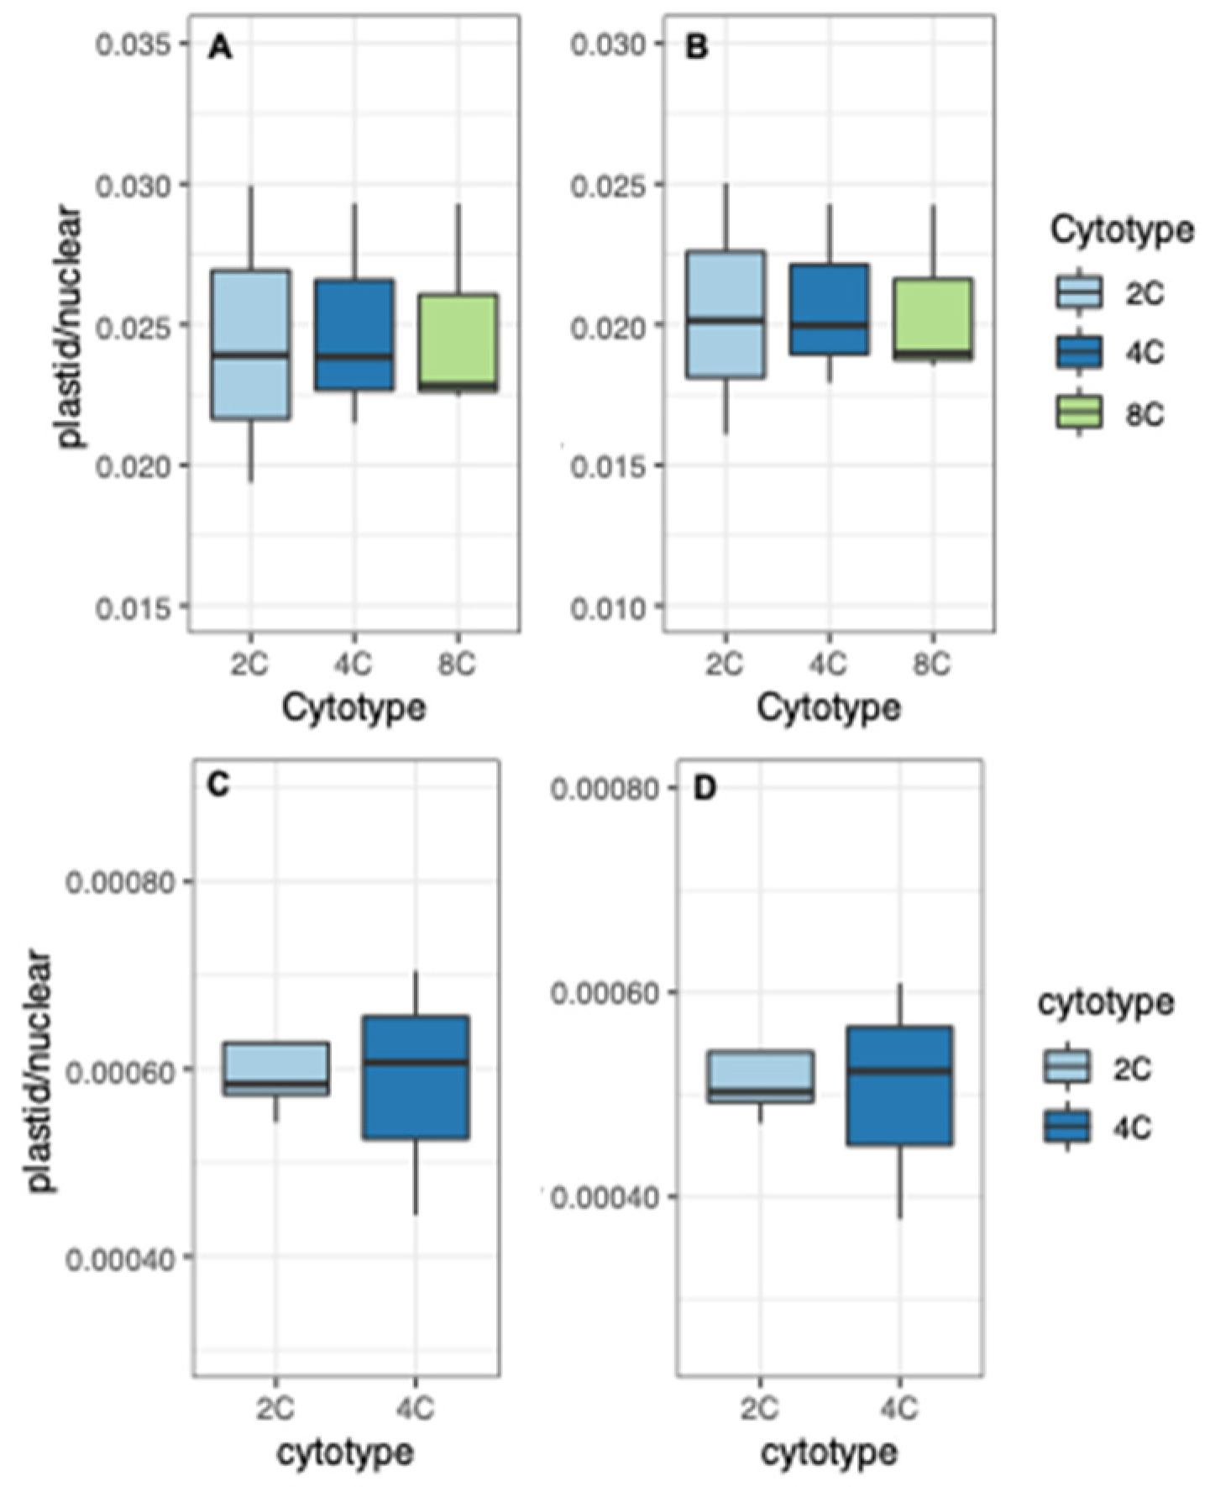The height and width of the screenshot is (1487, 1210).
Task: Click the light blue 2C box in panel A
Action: click(250, 344)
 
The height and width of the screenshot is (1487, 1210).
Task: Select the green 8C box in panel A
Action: click(458, 342)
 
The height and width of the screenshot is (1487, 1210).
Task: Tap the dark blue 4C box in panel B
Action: click(829, 308)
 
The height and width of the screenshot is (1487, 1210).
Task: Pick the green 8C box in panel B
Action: click(932, 318)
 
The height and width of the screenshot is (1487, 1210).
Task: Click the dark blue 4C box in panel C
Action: click(416, 1077)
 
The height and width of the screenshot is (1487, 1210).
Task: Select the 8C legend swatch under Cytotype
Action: click(1078, 412)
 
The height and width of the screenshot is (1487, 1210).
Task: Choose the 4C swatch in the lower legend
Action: click(1066, 1127)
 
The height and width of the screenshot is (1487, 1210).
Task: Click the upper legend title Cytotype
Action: click(1121, 229)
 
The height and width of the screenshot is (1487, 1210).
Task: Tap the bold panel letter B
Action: click(696, 48)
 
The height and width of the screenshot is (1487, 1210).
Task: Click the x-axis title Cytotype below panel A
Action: click(354, 707)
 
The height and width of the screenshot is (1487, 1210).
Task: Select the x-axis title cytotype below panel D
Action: click(829, 1451)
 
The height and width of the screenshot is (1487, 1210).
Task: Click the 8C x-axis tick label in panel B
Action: click(931, 665)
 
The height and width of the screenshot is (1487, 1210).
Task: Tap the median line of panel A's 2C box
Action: click(250, 355)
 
